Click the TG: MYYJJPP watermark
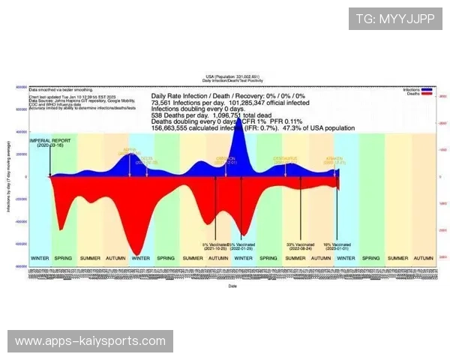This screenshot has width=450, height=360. click(395, 18)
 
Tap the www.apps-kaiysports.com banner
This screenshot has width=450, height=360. click(90, 341)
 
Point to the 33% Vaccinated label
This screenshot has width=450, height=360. click(301, 245)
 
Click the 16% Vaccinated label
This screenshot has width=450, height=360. click(337, 245)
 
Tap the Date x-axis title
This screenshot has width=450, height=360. click(232, 286)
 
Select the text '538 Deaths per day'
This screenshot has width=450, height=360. click(177, 116)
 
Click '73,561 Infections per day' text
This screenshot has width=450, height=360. click(187, 103)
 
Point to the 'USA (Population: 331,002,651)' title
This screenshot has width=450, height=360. click(232, 77)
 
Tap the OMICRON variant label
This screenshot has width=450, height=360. click(226, 159)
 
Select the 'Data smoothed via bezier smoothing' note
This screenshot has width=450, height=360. click(55, 88)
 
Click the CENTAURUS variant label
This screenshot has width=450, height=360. click(285, 159)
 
